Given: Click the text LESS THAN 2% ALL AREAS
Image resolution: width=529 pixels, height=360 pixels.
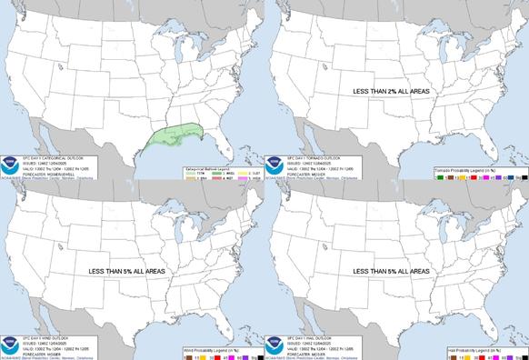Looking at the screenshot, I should [x=394, y=92].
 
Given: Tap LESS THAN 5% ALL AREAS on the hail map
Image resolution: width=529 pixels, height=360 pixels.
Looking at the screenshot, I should [x=394, y=271].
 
